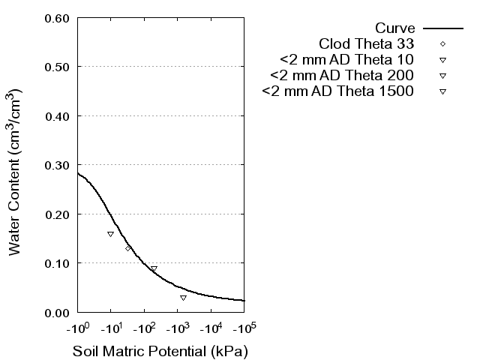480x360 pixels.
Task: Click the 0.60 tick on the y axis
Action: click(x=57, y=18)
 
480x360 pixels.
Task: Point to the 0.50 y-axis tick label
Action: click(x=57, y=67)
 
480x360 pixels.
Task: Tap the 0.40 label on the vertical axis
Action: click(x=57, y=116)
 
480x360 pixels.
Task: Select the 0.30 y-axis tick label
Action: click(x=57, y=165)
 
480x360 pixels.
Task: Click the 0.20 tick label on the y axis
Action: click(x=57, y=214)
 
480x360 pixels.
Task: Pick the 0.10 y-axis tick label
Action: click(x=57, y=263)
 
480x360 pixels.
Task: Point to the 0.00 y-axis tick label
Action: click(x=57, y=312)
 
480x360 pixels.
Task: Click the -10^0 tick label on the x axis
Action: click(x=77, y=330)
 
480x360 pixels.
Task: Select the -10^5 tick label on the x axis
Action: click(x=244, y=330)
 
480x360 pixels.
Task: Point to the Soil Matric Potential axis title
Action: click(x=160, y=351)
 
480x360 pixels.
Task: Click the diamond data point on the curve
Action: click(x=128, y=248)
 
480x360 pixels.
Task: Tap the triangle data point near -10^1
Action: click(x=110, y=234)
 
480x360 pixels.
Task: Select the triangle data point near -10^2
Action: click(x=154, y=268)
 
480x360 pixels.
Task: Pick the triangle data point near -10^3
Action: click(x=183, y=298)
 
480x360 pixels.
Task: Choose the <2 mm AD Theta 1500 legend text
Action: click(x=337, y=91)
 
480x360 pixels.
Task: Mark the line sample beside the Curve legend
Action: click(x=442, y=28)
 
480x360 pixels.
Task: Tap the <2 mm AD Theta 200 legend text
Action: click(x=341, y=76)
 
